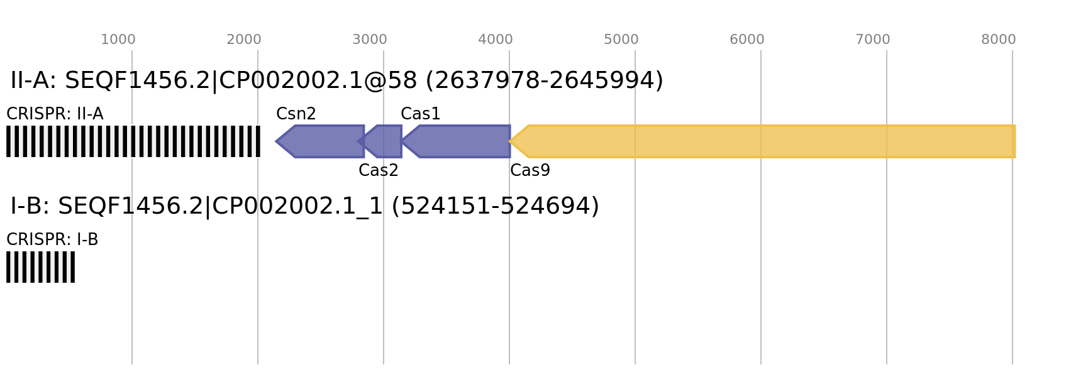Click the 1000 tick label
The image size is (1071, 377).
coord(118,40)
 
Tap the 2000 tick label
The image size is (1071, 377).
coord(243,40)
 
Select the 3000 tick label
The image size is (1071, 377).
coord(369,40)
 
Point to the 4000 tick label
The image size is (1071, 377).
coord(495,40)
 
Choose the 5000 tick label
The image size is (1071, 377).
coord(621,40)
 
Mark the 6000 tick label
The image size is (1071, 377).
coord(746,40)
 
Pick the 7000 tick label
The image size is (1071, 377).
coord(872,40)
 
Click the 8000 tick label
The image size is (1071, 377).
coord(998,40)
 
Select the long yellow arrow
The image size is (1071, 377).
coord(767,141)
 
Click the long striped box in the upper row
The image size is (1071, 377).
coord(133,141)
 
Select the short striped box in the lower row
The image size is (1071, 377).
coord(40,267)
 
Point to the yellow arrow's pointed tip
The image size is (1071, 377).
coord(511,141)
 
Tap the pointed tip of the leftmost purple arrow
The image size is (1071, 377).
coord(277,141)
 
